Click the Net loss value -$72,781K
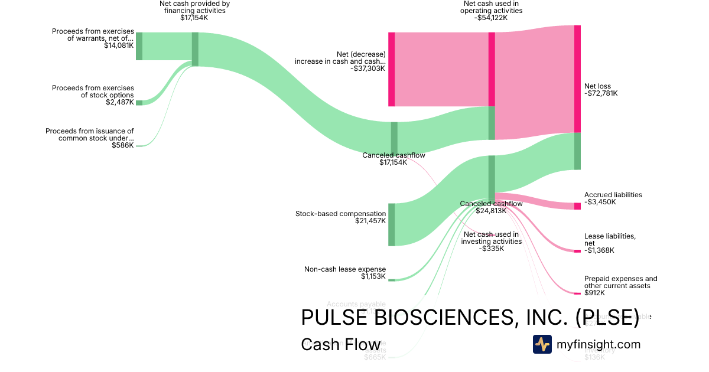click(x=600, y=93)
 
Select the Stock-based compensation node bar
click(x=391, y=224)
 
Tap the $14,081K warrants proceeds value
click(x=119, y=45)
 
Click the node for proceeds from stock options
click(x=139, y=103)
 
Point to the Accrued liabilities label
click(x=613, y=195)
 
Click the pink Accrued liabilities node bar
click(x=577, y=205)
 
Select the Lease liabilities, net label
click(x=610, y=240)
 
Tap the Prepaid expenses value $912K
click(x=594, y=293)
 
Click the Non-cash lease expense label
click(x=345, y=269)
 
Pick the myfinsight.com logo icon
click(x=542, y=344)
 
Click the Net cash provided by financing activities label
click(x=194, y=7)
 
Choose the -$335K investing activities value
click(x=492, y=249)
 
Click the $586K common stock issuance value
click(x=122, y=145)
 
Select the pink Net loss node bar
click(x=577, y=79)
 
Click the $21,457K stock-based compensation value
click(x=370, y=221)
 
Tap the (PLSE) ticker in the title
click(x=607, y=317)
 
